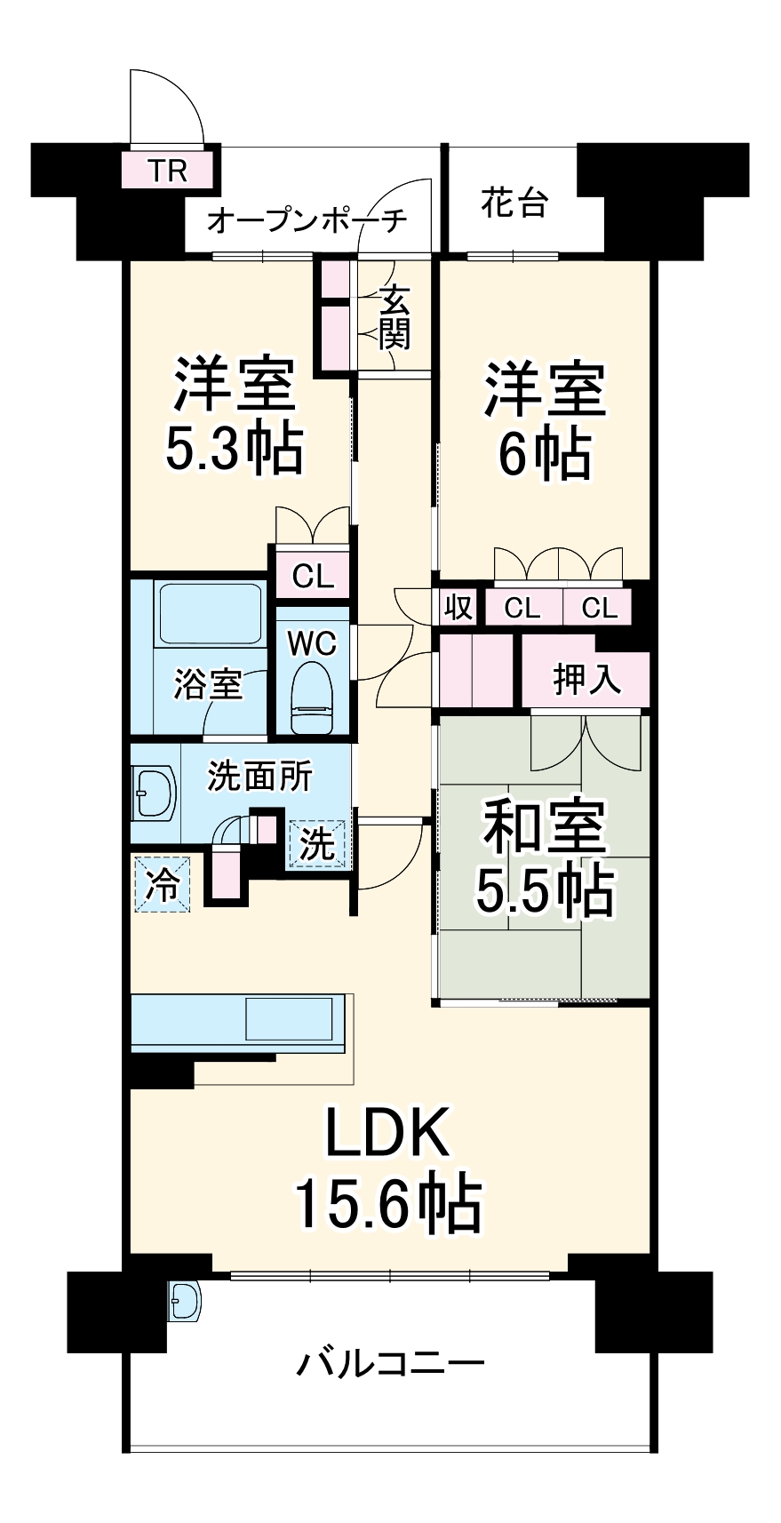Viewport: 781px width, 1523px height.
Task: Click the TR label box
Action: coord(169,170)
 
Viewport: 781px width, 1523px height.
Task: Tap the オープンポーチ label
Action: coord(307,219)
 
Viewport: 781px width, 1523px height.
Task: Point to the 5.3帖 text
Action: coord(234,449)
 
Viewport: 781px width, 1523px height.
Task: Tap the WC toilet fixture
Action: coord(311,697)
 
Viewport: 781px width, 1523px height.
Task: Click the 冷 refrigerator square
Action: coord(162,883)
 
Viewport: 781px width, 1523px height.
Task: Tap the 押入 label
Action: coord(586,679)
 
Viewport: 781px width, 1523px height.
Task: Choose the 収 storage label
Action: coord(458,608)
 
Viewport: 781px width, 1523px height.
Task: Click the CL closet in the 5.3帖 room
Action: coord(313,577)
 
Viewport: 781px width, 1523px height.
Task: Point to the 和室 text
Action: coord(543,827)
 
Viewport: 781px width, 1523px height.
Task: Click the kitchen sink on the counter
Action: coord(292,1019)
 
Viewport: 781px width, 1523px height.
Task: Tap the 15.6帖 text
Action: coord(388,1204)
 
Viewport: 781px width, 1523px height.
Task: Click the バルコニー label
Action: coord(390,1361)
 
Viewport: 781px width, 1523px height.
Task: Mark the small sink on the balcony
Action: coord(185,1302)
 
